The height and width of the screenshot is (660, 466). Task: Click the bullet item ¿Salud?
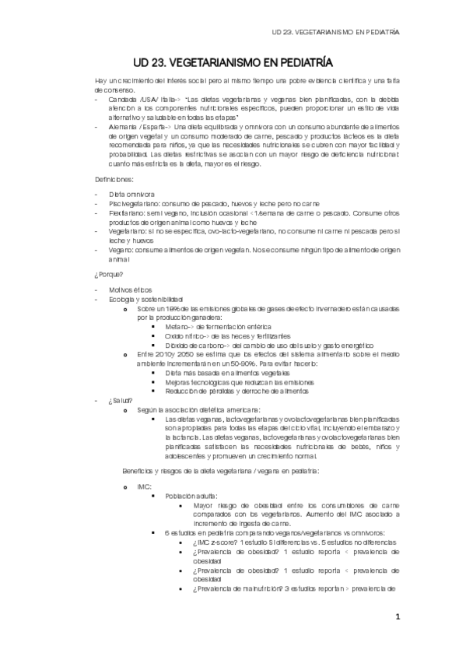[121, 401]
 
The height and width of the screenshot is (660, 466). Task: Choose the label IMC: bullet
[142, 486]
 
